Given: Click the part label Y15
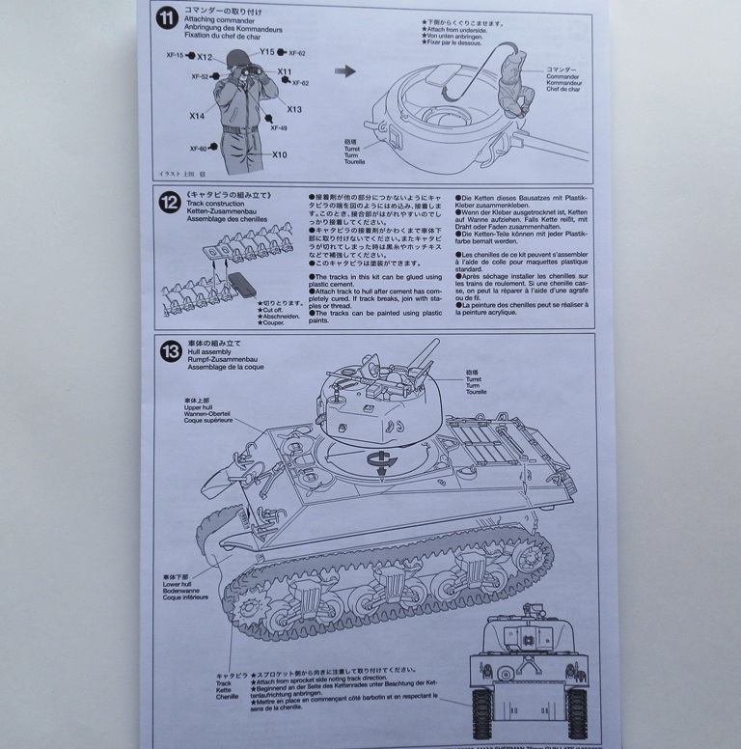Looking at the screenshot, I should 267,51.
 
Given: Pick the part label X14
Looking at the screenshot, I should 197,116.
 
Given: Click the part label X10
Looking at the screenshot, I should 280,154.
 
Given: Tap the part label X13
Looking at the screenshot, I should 293,109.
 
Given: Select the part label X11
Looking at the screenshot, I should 285,72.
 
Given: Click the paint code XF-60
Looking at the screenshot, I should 198,149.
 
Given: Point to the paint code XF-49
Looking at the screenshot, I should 278,128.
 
